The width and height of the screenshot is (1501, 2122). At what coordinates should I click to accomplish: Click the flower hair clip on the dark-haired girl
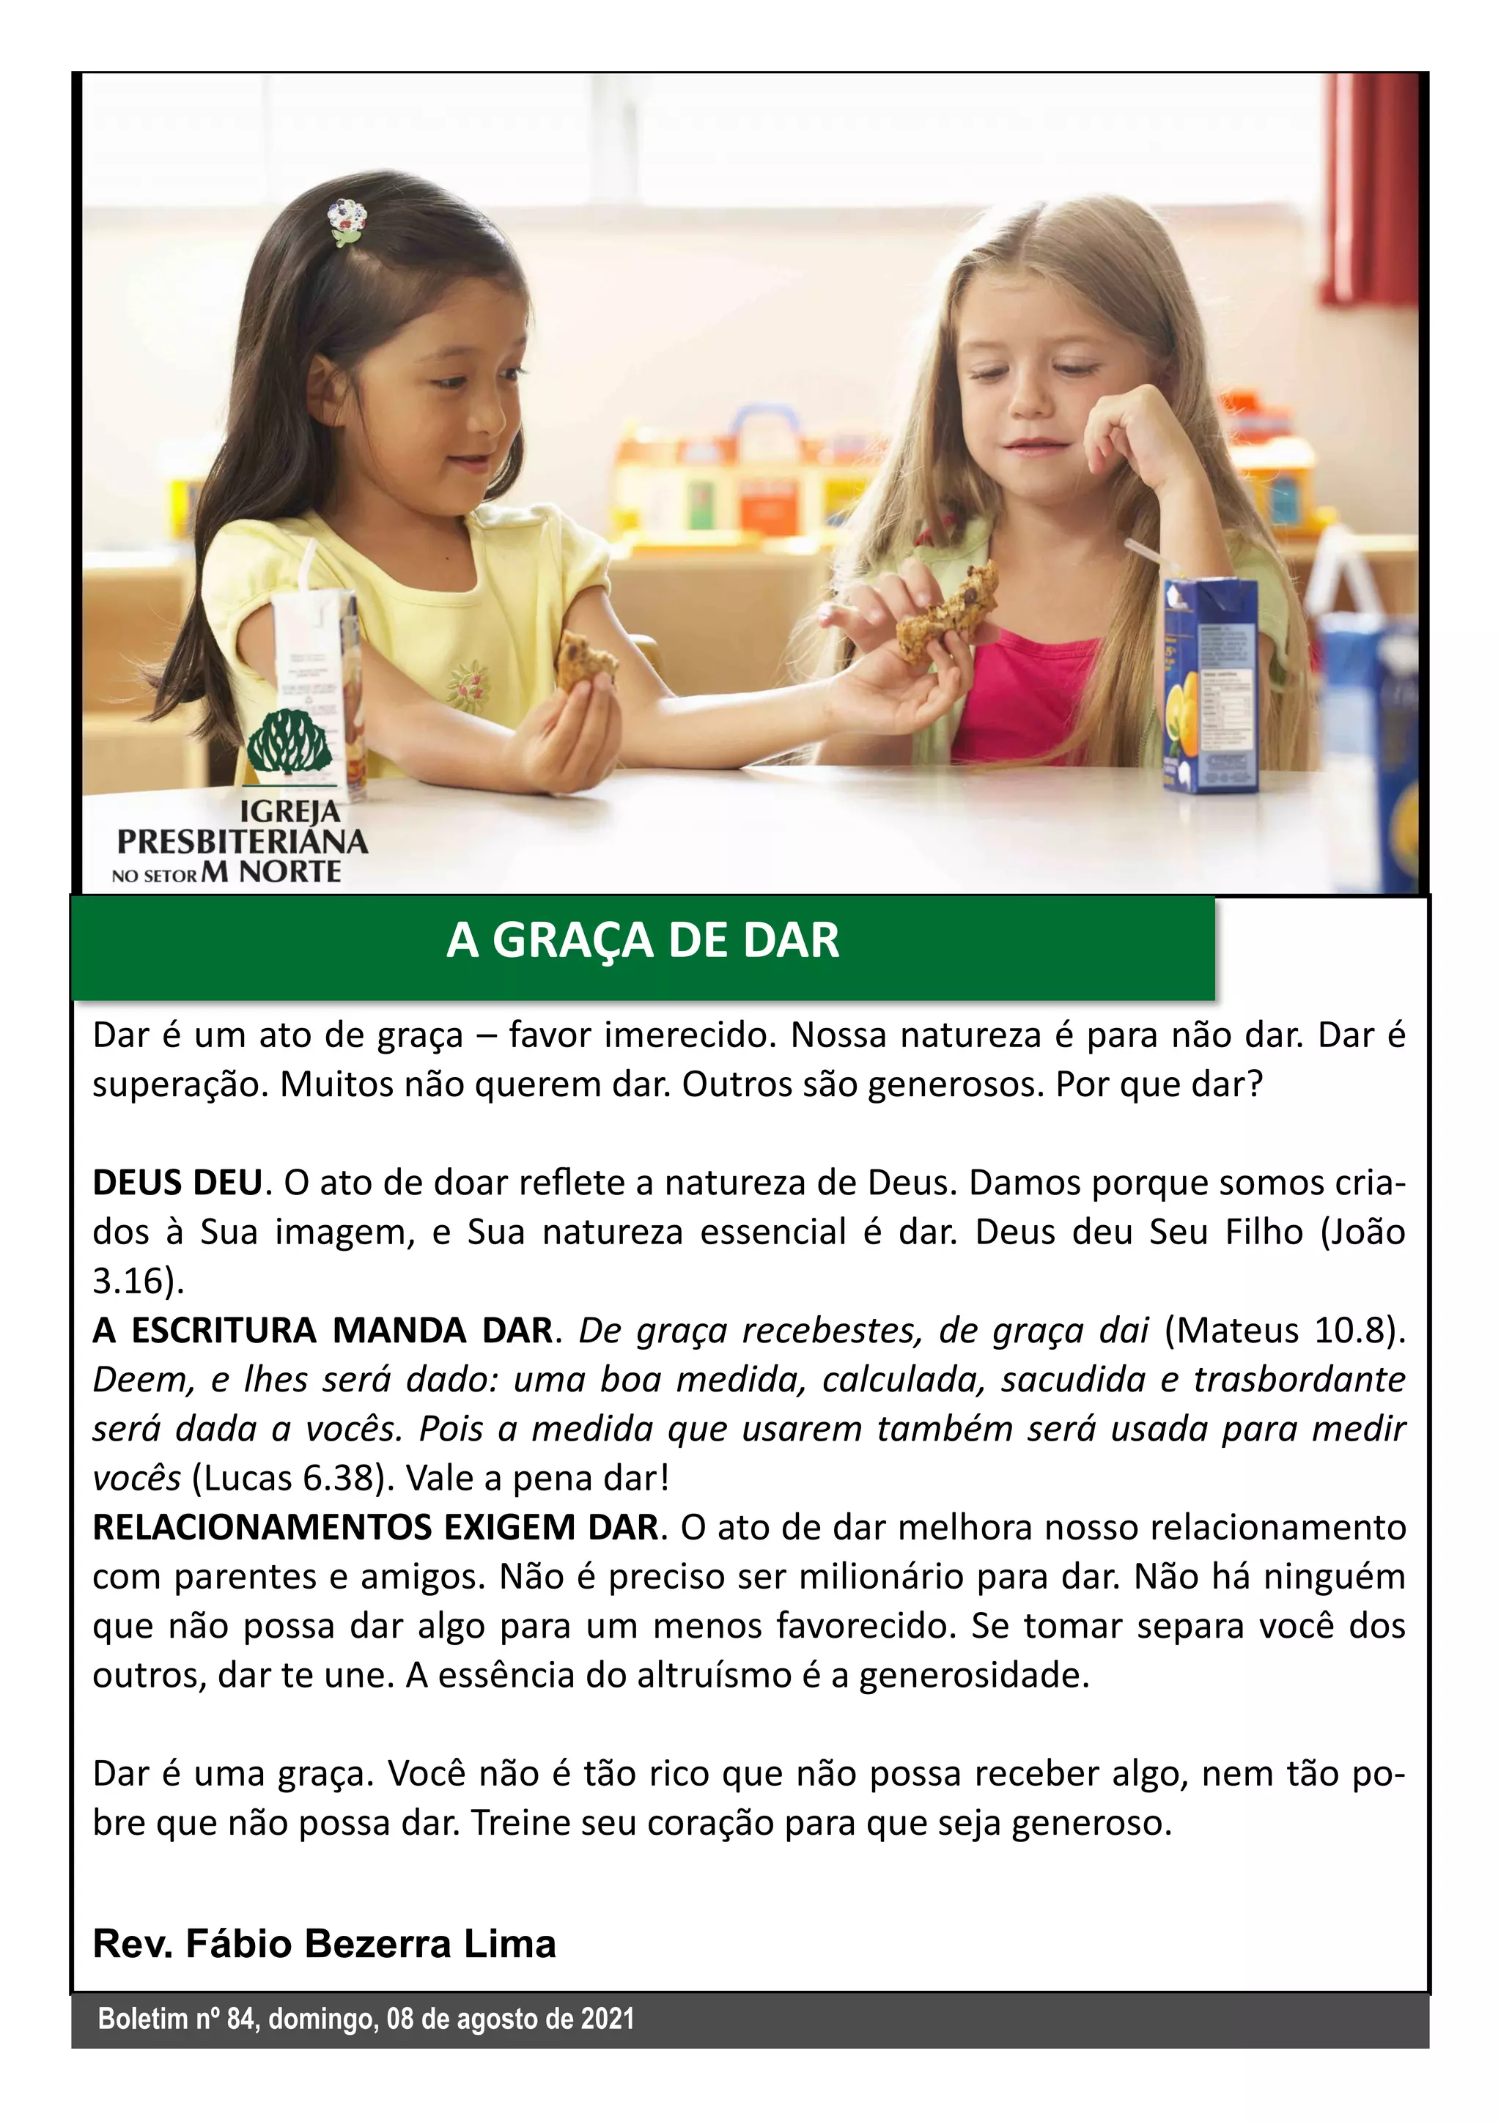347,222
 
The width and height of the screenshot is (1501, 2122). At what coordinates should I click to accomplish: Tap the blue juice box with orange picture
1211,684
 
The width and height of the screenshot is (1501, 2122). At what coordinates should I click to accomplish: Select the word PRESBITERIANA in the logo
242,841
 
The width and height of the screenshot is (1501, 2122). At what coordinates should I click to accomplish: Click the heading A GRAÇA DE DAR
642,941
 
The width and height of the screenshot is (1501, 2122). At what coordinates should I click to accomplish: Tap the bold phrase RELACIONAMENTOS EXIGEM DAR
375,1527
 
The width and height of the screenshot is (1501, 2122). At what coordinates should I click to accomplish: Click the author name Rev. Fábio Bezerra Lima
325,1944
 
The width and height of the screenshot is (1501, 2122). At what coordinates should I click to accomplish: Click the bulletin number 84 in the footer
240,2019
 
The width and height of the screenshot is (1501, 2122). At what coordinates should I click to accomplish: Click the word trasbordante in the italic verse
1299,1379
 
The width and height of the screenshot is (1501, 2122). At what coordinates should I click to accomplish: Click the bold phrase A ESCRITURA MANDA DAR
322,1330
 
